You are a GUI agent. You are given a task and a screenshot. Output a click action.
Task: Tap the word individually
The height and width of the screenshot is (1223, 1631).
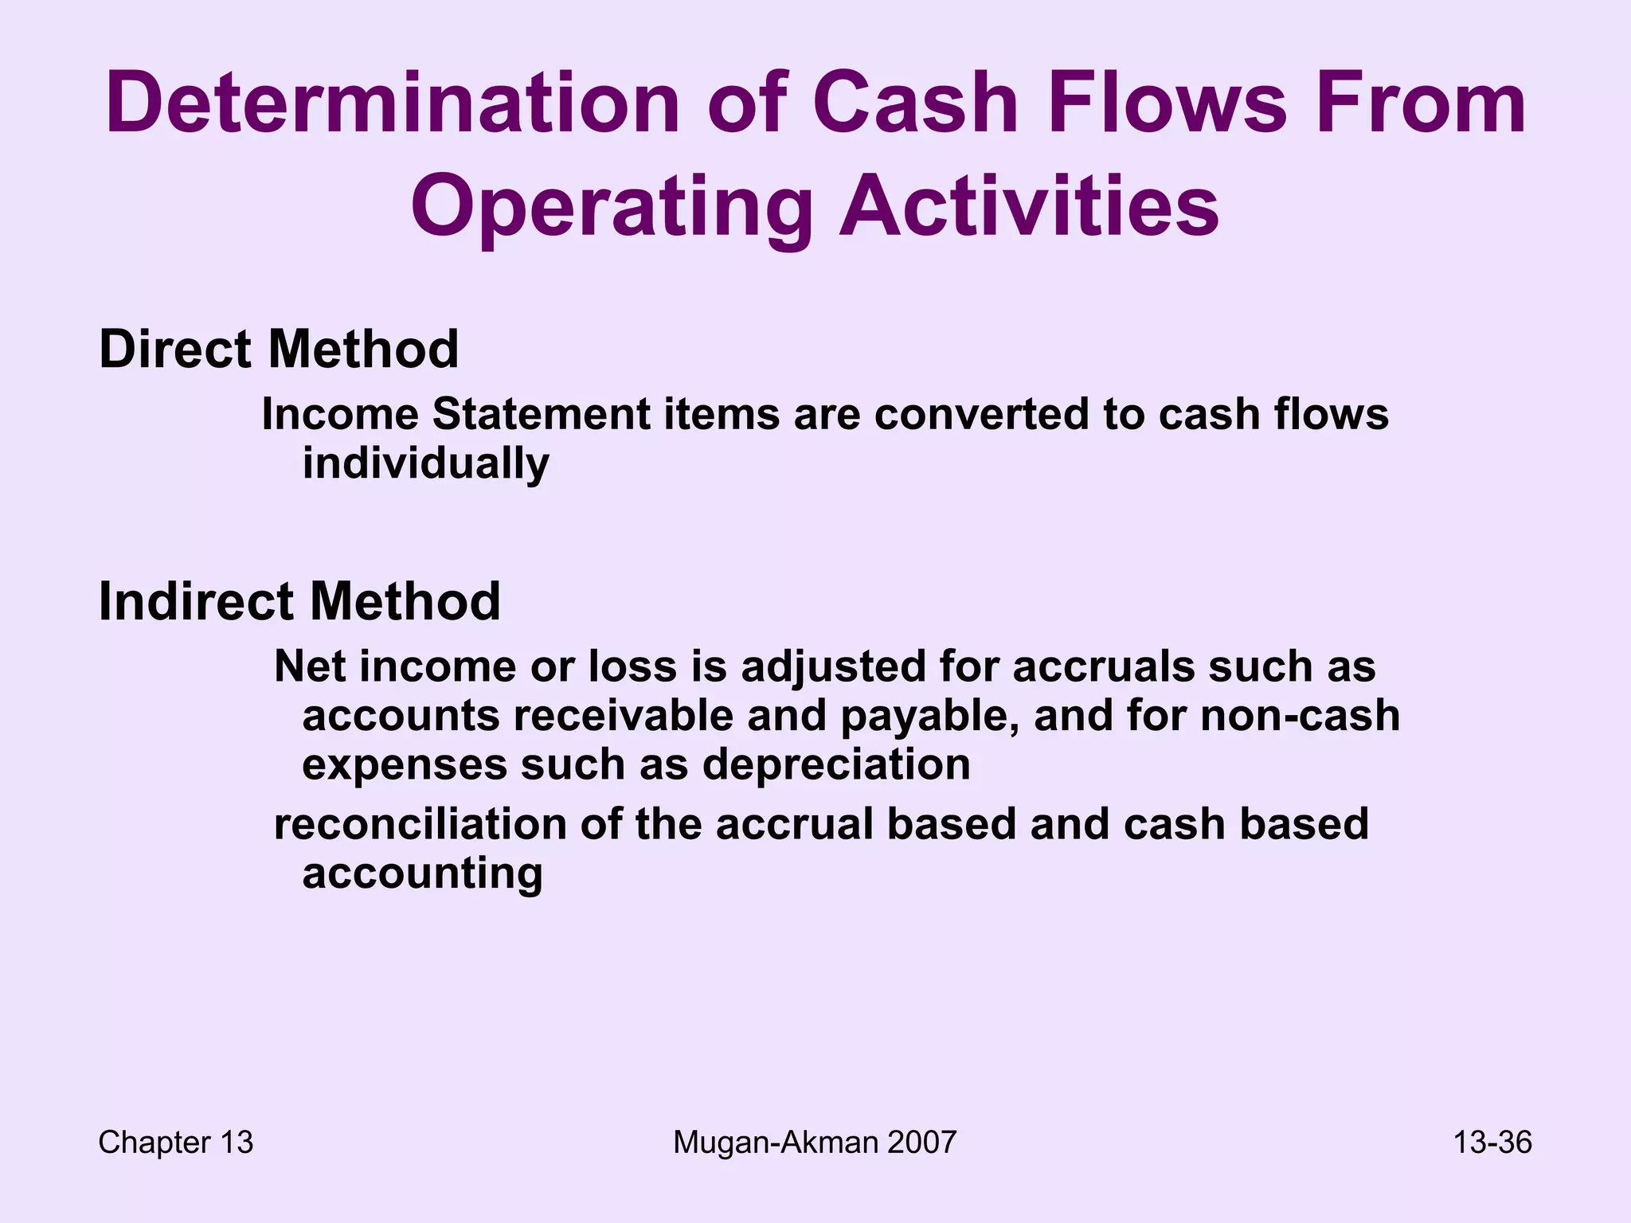(x=426, y=463)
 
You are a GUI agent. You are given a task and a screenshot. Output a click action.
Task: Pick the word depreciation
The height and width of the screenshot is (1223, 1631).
(x=836, y=764)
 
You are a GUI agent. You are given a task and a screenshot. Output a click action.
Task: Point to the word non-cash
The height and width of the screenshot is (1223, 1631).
(x=1300, y=715)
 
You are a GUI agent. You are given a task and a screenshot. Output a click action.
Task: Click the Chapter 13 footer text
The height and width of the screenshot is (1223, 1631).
(x=175, y=1143)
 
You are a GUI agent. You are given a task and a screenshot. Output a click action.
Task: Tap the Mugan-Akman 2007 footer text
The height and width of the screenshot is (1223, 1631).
(x=814, y=1143)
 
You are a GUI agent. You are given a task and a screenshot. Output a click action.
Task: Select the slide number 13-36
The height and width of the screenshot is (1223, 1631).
(x=1492, y=1143)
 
